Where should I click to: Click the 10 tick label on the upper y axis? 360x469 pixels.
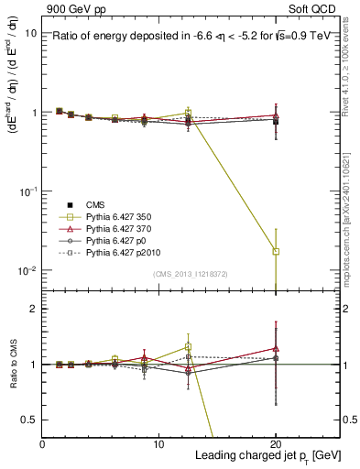tap(31, 33)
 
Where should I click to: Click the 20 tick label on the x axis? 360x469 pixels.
tap(276, 444)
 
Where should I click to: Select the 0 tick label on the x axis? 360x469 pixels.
tap(43, 444)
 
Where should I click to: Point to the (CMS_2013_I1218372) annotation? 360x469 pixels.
tap(191, 274)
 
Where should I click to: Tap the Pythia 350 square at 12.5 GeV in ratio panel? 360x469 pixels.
tap(188, 347)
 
